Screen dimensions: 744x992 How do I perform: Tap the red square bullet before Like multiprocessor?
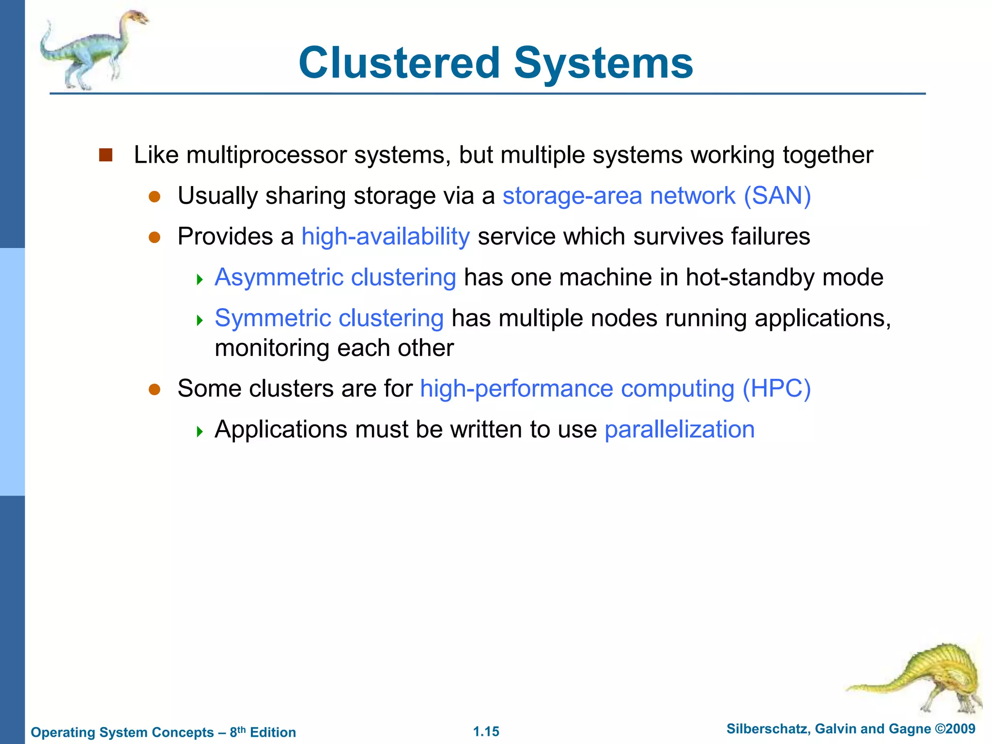point(106,155)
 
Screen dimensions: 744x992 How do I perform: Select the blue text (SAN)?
point(777,196)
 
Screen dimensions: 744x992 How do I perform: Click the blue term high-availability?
point(386,237)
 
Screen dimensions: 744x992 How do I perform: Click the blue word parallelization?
point(680,430)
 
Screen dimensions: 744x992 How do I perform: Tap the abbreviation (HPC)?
point(776,389)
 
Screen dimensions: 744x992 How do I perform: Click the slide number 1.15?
point(486,731)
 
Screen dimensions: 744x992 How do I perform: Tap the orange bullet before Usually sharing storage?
point(155,197)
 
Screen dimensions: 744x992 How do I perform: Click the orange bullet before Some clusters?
point(155,389)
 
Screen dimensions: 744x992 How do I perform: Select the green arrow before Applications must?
point(200,431)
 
